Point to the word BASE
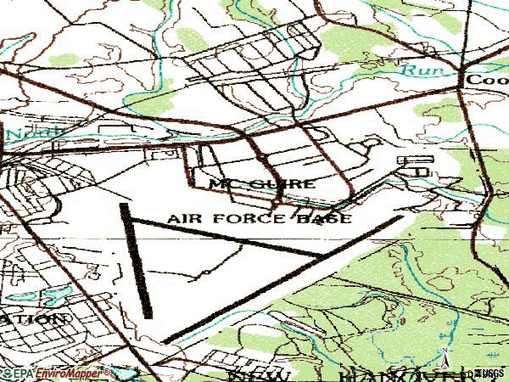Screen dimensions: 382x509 (x=323, y=218)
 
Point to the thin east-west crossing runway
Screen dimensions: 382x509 (x=229, y=238)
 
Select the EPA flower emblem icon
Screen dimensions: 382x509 (x=7, y=373)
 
